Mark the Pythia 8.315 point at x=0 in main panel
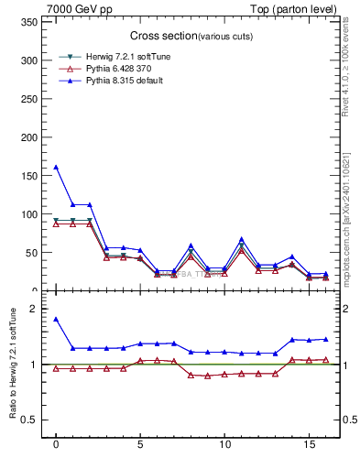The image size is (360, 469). pos(56,167)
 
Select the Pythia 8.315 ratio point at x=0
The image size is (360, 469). pos(56,319)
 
